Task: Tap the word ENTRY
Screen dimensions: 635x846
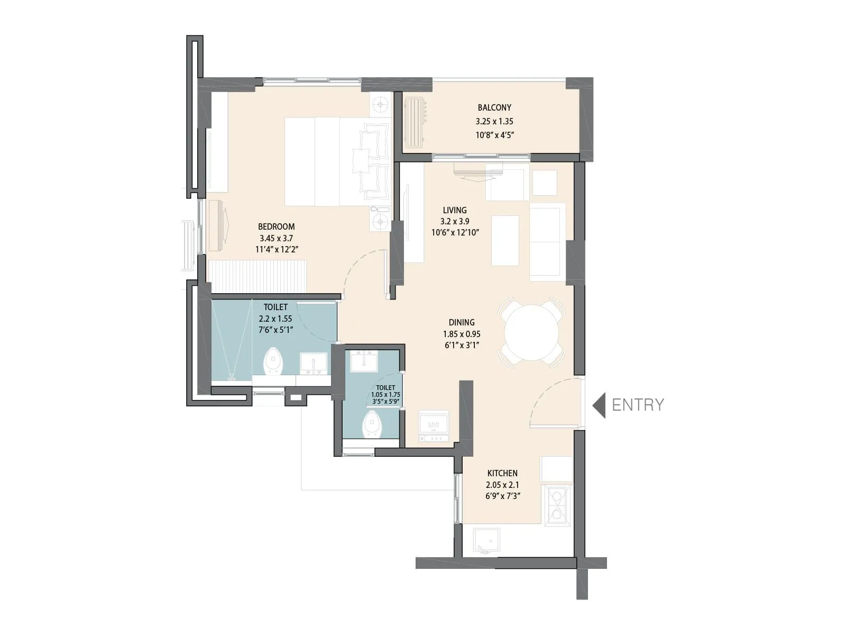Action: [638, 405]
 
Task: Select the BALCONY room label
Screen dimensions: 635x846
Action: [494, 107]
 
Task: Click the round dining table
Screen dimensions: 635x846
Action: [531, 333]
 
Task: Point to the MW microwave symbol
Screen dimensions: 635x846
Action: [434, 425]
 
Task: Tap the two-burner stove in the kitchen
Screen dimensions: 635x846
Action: [556, 505]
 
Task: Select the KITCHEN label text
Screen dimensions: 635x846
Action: [502, 473]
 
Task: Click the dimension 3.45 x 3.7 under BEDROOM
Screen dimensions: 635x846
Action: [276, 238]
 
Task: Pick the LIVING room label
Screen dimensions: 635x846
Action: [455, 210]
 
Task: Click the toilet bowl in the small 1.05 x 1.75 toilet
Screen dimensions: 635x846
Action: [372, 425]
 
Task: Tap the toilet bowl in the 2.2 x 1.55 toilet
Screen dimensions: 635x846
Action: [273, 361]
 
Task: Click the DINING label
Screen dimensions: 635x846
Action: [462, 322]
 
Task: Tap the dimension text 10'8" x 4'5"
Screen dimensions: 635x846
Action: [494, 135]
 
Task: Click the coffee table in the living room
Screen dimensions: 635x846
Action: [504, 240]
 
